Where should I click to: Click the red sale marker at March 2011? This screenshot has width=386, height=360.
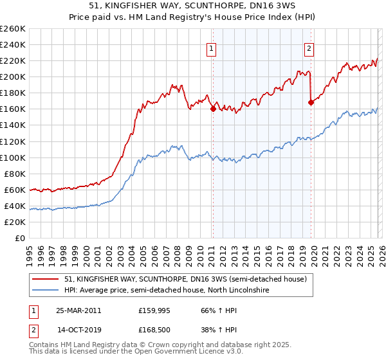coord(213,109)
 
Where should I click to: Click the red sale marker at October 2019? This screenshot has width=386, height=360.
coord(311,102)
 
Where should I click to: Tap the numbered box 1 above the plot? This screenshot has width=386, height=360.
coord(212,47)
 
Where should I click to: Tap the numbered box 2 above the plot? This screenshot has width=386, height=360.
coord(309,47)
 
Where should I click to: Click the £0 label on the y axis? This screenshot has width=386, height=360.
coord(19,238)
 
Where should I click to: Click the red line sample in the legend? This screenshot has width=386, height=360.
coord(46,279)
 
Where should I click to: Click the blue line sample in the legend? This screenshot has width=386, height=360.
coord(46,291)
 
